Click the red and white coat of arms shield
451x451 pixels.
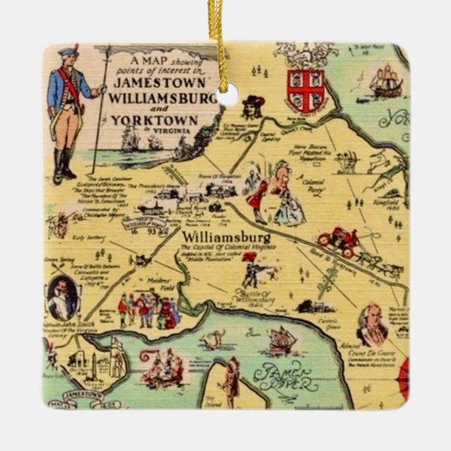click(x=305, y=89)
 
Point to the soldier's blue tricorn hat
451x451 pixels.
click(x=68, y=52)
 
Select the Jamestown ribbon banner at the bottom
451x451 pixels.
click(x=84, y=396)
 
